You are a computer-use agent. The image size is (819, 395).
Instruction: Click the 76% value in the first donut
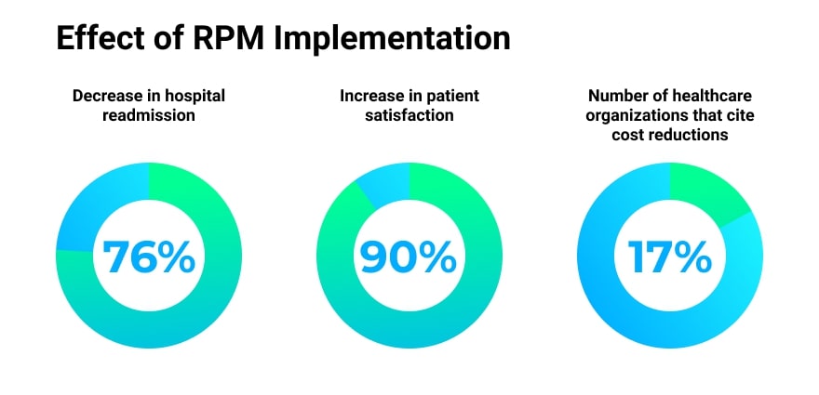coord(149,257)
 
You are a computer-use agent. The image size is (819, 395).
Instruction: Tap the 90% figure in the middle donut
coord(409,257)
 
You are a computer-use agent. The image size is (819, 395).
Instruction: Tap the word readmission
coord(149,115)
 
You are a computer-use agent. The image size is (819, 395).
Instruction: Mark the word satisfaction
coord(409,115)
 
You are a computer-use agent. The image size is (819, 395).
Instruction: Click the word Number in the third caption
coord(616,96)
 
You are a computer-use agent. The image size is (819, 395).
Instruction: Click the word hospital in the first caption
coord(192,96)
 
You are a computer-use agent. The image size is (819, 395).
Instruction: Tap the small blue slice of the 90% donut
coord(384,183)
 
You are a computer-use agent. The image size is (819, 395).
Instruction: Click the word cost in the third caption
coord(629,135)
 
